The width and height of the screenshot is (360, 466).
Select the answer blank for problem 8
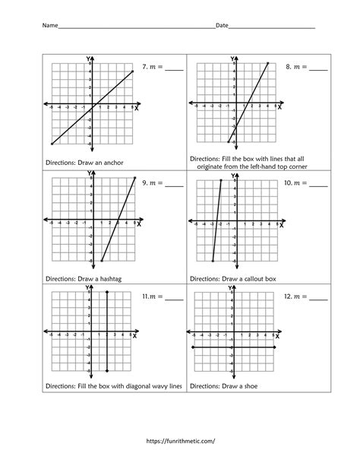(x=319, y=68)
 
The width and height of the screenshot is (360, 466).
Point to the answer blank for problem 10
(x=319, y=184)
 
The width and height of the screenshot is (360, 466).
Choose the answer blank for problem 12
(x=319, y=296)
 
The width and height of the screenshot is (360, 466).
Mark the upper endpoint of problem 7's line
(x=132, y=71)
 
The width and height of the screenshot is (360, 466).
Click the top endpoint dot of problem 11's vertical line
(x=108, y=292)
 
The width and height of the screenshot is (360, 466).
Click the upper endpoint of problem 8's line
(x=268, y=64)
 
